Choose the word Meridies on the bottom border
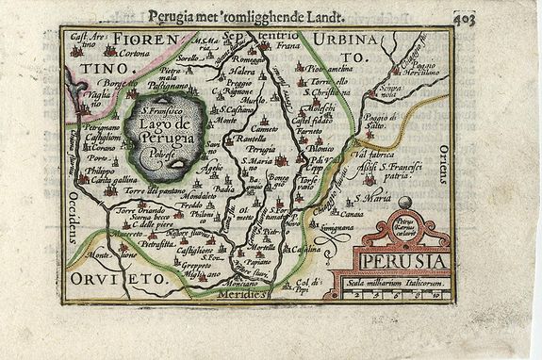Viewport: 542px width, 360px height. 242,293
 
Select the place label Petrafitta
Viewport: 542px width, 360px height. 157,242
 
